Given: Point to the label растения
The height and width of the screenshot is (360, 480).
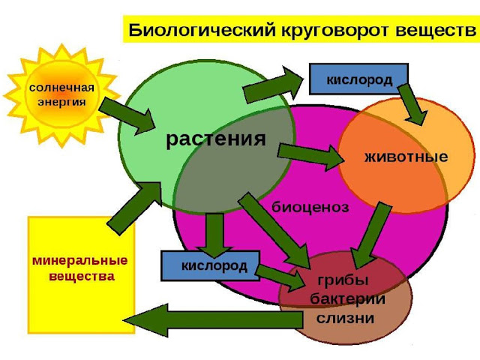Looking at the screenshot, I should (x=216, y=139).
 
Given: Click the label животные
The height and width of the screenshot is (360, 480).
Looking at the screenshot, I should (x=405, y=157).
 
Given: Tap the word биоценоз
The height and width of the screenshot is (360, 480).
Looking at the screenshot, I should (x=310, y=207).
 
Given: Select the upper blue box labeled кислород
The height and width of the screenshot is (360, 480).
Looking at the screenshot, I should (x=358, y=79).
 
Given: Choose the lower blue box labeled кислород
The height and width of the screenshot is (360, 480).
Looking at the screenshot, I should (x=209, y=265).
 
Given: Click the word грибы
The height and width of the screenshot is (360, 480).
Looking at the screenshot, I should (x=343, y=281).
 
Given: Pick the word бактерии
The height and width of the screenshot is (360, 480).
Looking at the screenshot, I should (x=347, y=299).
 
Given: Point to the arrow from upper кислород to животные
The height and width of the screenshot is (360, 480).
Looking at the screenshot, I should (x=413, y=103).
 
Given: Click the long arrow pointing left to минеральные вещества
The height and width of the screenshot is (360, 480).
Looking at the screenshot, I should (x=217, y=319).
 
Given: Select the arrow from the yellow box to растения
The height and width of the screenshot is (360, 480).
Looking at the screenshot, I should (x=136, y=206).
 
